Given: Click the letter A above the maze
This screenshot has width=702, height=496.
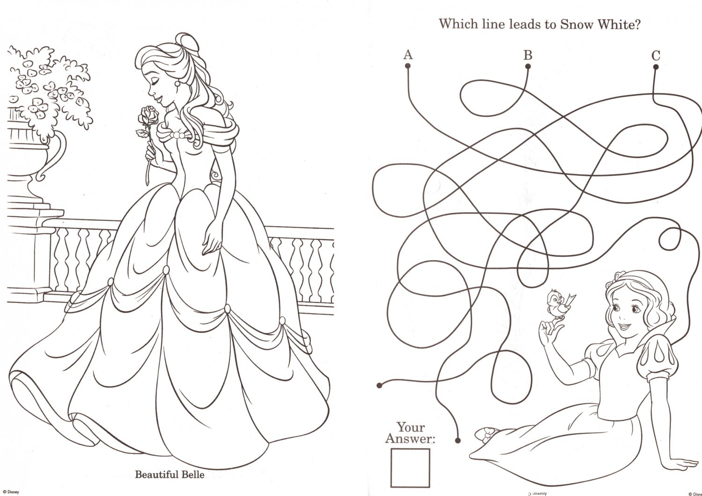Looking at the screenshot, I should (x=408, y=55).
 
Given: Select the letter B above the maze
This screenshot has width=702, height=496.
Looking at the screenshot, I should (x=528, y=55).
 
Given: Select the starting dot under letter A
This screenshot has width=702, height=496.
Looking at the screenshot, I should (x=408, y=66).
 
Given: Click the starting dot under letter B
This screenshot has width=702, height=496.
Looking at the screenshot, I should (x=528, y=67).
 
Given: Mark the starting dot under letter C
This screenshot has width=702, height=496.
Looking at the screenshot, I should (x=656, y=67).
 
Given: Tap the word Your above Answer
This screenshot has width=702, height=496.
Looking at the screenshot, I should (x=411, y=427).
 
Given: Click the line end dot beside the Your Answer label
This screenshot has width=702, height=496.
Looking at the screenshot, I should (x=458, y=439).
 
